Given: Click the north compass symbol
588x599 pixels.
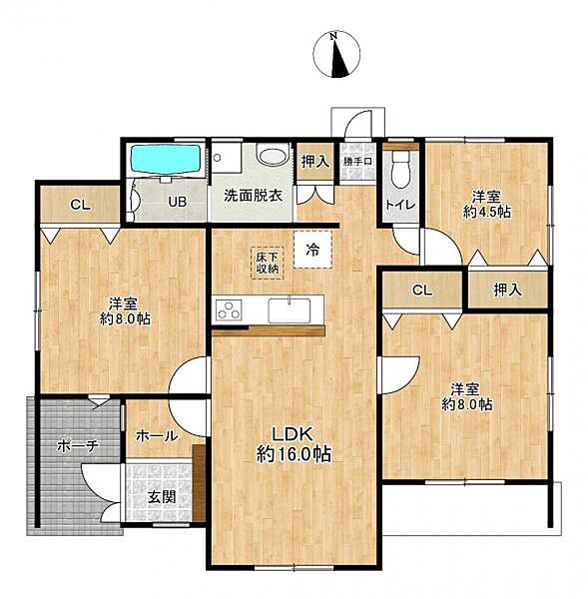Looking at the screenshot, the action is [x=336, y=54].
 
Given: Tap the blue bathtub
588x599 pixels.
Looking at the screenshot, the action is [x=166, y=160].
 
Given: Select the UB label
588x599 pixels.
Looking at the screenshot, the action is [x=178, y=202].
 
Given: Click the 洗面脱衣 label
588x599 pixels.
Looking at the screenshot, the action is [x=253, y=196].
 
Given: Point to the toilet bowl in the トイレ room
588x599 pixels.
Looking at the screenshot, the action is [x=400, y=171].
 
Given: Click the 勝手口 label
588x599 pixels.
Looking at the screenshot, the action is [x=357, y=161].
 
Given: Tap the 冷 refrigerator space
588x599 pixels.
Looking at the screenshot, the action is [x=312, y=250].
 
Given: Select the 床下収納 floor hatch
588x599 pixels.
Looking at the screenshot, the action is [x=268, y=263].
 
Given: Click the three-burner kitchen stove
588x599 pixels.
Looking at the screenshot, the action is [x=229, y=309].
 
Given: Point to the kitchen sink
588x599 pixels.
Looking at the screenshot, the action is [x=290, y=309].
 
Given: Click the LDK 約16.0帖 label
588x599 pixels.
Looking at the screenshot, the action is [x=294, y=444].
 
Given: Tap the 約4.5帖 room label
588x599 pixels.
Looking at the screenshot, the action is [x=487, y=212].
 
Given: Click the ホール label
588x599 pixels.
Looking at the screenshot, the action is [x=157, y=435].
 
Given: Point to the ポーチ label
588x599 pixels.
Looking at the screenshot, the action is [x=78, y=445].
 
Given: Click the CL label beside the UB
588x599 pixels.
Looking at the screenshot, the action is [x=80, y=205].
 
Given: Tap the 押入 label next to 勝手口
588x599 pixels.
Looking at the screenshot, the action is [x=315, y=162].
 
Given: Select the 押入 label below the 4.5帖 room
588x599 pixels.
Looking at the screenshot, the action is [x=507, y=291].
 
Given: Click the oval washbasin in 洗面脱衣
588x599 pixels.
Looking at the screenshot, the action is [x=273, y=156].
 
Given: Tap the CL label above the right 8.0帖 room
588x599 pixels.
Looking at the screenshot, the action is [x=422, y=291].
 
